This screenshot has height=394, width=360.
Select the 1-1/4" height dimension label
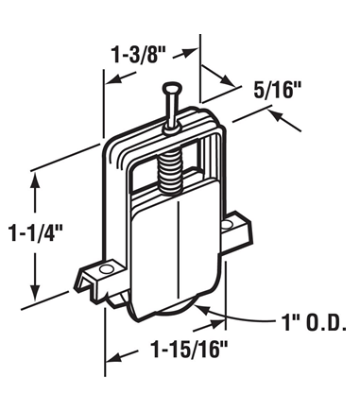point(36,232)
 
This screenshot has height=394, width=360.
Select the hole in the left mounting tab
point(106,269)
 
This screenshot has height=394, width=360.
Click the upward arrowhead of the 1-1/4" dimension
point(35,180)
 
